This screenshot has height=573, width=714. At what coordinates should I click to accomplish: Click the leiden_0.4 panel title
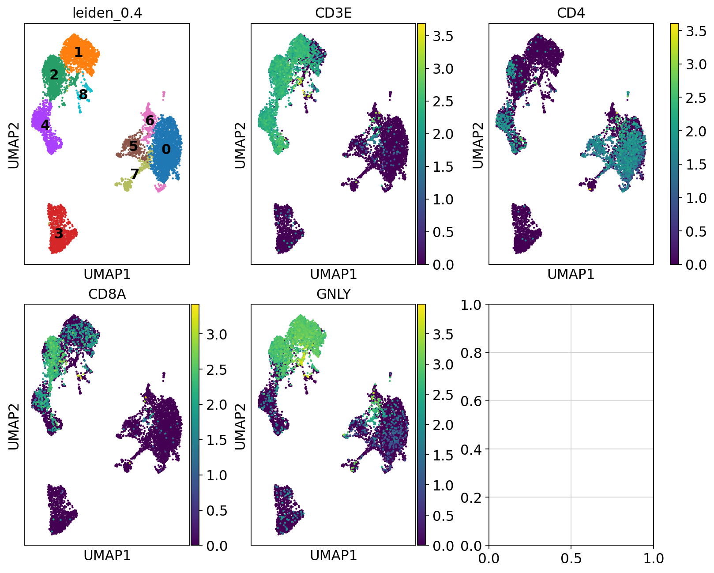107,13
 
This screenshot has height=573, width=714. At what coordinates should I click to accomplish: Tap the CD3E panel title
333,13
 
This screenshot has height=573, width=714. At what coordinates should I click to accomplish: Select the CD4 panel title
571,13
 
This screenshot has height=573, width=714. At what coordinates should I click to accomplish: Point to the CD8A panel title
107,294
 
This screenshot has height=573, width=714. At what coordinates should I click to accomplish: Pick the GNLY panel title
333,294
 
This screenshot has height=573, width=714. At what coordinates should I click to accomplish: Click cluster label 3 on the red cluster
59,234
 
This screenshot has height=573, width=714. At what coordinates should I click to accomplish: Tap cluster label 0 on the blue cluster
166,149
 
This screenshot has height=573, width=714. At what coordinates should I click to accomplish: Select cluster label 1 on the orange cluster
78,52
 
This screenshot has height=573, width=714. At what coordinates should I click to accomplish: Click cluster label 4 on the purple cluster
45,125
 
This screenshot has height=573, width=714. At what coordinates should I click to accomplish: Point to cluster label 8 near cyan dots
83,94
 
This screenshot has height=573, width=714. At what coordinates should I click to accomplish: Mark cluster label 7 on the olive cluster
135,173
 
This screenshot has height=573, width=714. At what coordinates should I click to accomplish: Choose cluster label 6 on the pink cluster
150,121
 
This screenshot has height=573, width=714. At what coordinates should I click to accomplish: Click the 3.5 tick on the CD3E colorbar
443,36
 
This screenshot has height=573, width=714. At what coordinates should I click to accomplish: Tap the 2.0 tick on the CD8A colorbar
217,405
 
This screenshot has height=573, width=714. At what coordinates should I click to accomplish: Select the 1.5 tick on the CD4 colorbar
696,165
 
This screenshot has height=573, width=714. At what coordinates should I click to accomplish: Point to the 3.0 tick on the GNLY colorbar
443,365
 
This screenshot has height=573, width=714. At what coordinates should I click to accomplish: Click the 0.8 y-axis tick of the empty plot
472,353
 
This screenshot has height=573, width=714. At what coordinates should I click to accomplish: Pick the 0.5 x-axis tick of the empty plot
571,558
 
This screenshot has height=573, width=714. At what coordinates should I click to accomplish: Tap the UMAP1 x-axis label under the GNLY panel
333,555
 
